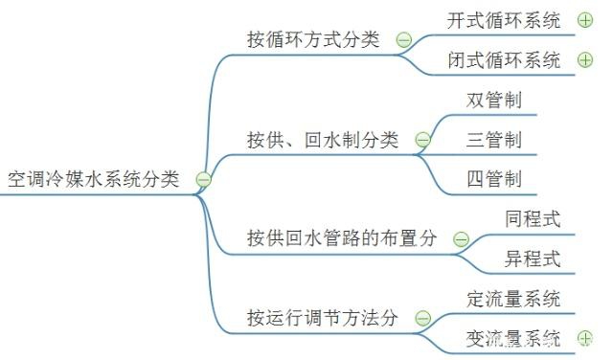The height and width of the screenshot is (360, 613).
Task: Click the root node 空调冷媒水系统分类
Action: (x=94, y=179)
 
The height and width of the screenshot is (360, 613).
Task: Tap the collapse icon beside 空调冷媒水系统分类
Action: (x=203, y=179)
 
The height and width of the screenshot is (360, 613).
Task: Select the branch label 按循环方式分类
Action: (x=313, y=39)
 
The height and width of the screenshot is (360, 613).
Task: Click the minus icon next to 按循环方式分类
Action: (x=404, y=39)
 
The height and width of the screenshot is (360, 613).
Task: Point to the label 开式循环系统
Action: (x=504, y=20)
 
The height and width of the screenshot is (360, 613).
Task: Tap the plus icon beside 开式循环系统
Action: (x=585, y=20)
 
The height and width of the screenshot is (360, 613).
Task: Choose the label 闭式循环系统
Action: (x=504, y=59)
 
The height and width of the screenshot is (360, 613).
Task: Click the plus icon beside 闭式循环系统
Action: (x=585, y=59)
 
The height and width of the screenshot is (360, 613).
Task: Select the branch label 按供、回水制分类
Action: (x=323, y=140)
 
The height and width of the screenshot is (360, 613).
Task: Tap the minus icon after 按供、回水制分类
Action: (x=422, y=140)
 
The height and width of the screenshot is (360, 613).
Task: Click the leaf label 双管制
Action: (x=494, y=100)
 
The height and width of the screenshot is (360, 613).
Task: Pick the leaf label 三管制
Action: (x=494, y=140)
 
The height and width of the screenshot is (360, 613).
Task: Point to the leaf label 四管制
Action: (x=494, y=179)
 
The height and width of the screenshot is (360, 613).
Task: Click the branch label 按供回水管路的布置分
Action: (x=342, y=238)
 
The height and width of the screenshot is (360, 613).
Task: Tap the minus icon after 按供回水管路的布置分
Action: (x=461, y=239)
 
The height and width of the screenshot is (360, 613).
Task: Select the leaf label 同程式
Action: (x=533, y=219)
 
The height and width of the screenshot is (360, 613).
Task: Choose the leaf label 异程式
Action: (x=533, y=259)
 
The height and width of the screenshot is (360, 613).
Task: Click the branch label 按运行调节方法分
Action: (x=323, y=318)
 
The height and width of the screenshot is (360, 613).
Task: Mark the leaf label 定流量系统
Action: (x=513, y=299)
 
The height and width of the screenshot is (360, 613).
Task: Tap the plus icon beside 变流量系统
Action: (x=585, y=338)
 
